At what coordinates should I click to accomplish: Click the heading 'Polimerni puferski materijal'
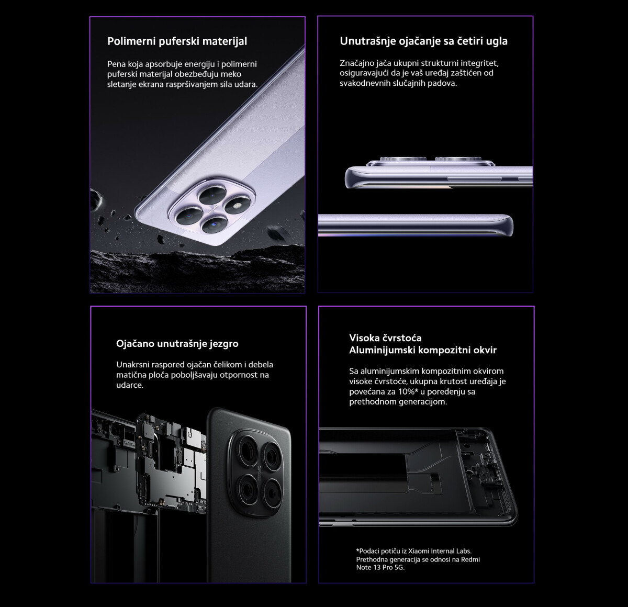pyautogui.click(x=177, y=41)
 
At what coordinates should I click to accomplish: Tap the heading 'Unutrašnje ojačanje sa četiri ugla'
pyautogui.click(x=423, y=41)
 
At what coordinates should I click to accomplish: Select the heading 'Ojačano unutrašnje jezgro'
pyautogui.click(x=177, y=344)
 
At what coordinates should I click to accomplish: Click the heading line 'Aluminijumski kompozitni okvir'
pyautogui.click(x=423, y=350)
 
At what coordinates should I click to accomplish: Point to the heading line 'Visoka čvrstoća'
pyautogui.click(x=385, y=338)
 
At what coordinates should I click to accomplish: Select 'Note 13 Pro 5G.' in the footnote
pyautogui.click(x=380, y=567)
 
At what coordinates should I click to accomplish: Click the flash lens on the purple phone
pyautogui.click(x=238, y=206)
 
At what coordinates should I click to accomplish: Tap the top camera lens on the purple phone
pyautogui.click(x=212, y=195)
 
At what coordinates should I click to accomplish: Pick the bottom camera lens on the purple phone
pyautogui.click(x=214, y=224)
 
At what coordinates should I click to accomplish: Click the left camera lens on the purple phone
pyautogui.click(x=189, y=215)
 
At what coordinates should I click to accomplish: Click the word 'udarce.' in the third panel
pyautogui.click(x=130, y=385)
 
